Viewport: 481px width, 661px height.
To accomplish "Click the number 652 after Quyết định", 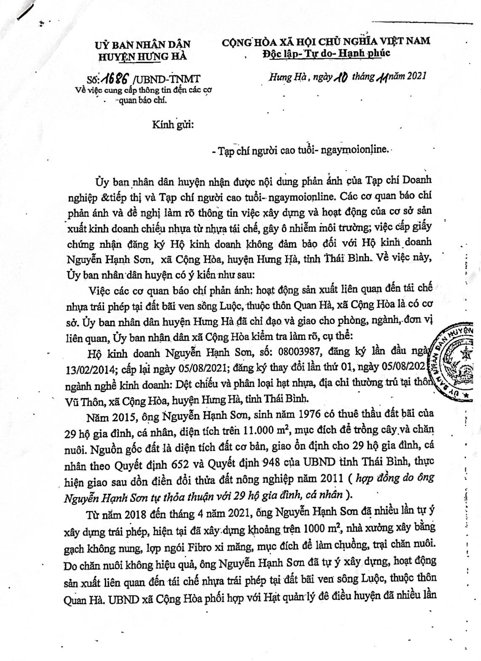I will click(183, 461).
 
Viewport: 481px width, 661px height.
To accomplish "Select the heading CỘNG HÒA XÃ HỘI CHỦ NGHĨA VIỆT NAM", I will click(326, 41).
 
